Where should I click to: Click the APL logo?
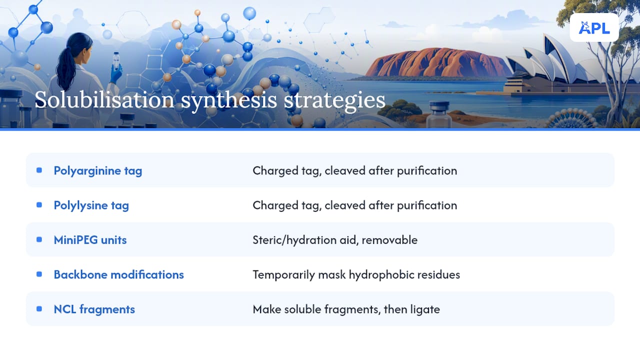594,27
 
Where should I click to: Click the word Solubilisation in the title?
104,99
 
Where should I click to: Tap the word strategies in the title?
334,101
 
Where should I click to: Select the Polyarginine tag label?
97,171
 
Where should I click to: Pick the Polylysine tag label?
91,205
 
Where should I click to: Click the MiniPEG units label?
90,240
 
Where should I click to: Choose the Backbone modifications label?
118,274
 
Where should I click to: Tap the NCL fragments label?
94,309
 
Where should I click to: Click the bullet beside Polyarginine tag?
39,170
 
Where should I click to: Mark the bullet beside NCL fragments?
39,309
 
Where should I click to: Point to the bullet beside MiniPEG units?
39,239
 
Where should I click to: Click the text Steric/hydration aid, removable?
335,240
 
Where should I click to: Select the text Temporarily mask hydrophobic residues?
356,274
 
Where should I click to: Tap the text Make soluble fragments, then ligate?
346,309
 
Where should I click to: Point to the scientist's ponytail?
65,68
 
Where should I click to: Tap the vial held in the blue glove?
116,60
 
